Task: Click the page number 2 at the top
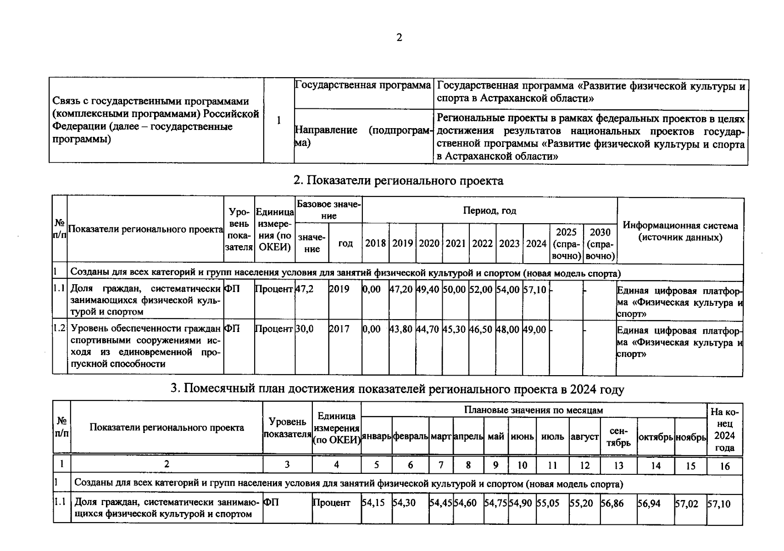click(399, 38)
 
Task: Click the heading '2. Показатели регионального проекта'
click(398, 181)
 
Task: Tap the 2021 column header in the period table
click(456, 243)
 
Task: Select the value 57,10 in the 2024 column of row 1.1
click(534, 289)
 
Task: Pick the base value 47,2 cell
click(304, 289)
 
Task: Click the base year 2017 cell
click(339, 329)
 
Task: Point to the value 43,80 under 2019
click(401, 329)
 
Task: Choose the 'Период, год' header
click(489, 211)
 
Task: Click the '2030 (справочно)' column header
click(600, 244)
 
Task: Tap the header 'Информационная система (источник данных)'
click(680, 231)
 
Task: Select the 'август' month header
click(584, 437)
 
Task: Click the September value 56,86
click(612, 503)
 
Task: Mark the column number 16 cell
click(724, 466)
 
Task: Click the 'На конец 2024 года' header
click(724, 429)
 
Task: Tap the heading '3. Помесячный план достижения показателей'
click(397, 389)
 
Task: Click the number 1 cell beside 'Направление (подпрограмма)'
click(278, 120)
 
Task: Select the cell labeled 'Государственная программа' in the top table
click(362, 85)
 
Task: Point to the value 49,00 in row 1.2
click(534, 329)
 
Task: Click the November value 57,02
click(686, 504)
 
